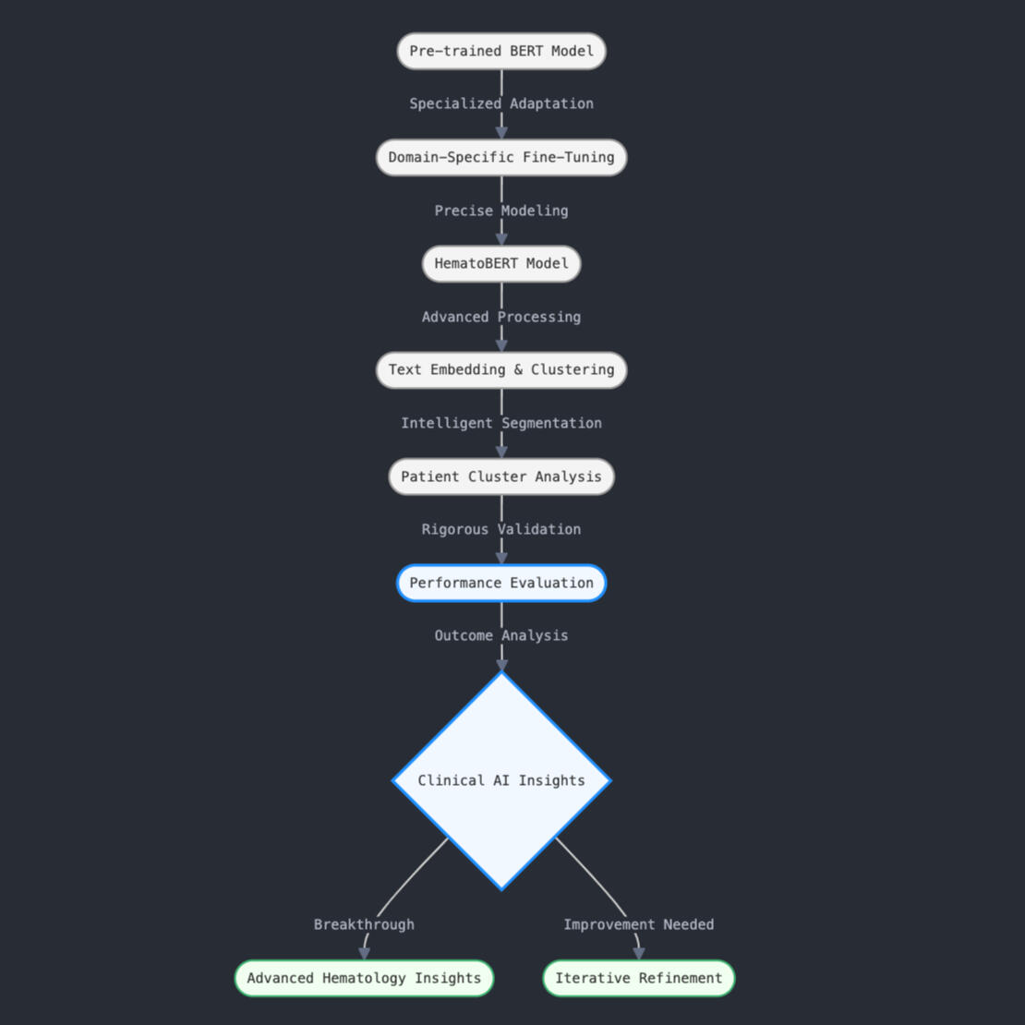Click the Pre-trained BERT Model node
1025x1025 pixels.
pyautogui.click(x=501, y=51)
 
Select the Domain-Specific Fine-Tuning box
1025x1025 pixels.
pyautogui.click(x=501, y=157)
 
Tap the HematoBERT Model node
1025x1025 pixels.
pyautogui.click(x=501, y=264)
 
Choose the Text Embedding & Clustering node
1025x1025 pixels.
pyautogui.click(x=501, y=370)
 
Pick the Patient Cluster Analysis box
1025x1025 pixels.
pyautogui.click(x=501, y=476)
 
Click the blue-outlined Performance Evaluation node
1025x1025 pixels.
pyautogui.click(x=501, y=583)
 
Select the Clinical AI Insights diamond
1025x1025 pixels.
pyautogui.click(x=501, y=780)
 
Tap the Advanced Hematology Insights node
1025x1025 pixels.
pyautogui.click(x=364, y=978)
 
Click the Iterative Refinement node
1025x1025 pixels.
pyautogui.click(x=639, y=978)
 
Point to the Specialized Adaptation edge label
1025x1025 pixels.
pyautogui.click(x=501, y=103)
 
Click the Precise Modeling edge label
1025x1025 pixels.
pyautogui.click(x=501, y=211)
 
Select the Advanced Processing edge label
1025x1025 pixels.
pyautogui.click(x=501, y=317)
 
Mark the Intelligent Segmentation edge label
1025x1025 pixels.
pyautogui.click(x=501, y=423)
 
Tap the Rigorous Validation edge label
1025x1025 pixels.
pyautogui.click(x=501, y=529)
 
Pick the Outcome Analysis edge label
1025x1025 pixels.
pyautogui.click(x=501, y=635)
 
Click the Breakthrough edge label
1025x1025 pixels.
pyautogui.click(x=364, y=924)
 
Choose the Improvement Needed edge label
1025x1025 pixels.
pyautogui.click(x=639, y=924)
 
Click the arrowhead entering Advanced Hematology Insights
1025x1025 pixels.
pyautogui.click(x=364, y=954)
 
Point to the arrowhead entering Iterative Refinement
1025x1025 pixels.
pyautogui.click(x=639, y=954)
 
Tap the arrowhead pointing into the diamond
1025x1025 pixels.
pyautogui.click(x=501, y=665)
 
